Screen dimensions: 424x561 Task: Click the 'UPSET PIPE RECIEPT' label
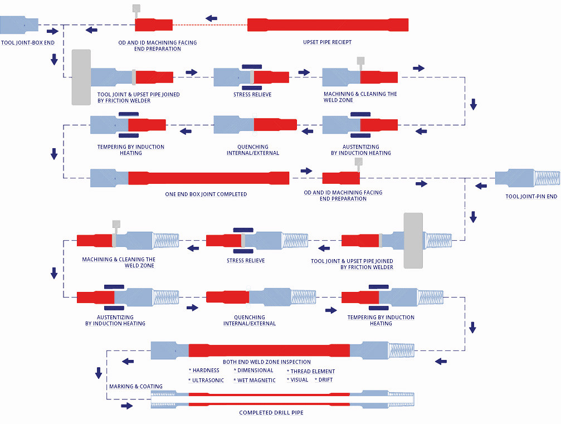click(327, 42)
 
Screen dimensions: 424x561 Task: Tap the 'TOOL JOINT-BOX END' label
click(28, 42)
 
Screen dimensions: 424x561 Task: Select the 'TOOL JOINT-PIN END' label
click(531, 197)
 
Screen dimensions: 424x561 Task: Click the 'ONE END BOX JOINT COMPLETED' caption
click(206, 194)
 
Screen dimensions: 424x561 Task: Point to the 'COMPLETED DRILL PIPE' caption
click(271, 413)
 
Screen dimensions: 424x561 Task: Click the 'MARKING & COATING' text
click(136, 387)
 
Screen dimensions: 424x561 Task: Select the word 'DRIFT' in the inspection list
click(325, 380)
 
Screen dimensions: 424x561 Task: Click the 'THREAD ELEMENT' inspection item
click(313, 372)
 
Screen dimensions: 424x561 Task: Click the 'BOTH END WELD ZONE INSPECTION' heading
click(267, 362)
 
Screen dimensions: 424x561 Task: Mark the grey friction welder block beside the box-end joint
click(81, 77)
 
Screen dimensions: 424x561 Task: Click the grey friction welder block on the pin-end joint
click(413, 240)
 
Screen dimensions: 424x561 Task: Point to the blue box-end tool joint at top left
click(19, 25)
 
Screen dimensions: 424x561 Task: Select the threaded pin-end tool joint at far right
click(528, 178)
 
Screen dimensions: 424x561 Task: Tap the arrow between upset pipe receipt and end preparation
click(211, 18)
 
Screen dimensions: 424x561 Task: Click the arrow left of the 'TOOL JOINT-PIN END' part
click(481, 186)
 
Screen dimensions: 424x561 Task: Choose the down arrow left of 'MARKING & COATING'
click(99, 372)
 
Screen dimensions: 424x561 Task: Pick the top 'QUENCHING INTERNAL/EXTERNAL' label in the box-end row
click(253, 150)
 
